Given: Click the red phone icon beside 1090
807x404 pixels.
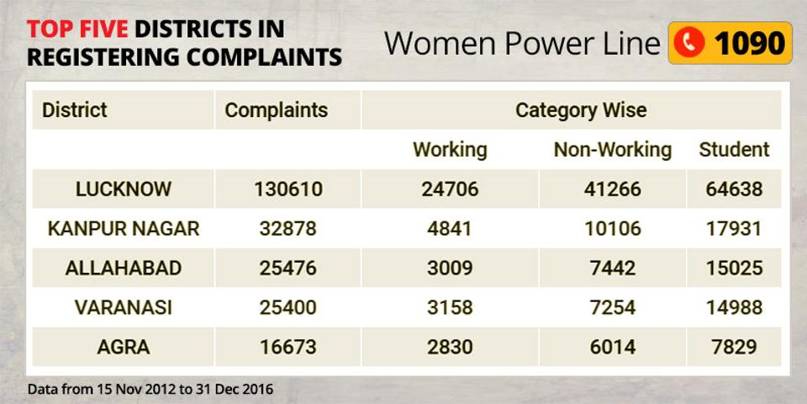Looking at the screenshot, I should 689,43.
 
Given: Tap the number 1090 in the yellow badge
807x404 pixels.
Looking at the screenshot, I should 749,43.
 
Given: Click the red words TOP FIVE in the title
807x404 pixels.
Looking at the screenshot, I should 77,29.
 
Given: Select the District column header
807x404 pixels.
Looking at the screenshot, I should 75,110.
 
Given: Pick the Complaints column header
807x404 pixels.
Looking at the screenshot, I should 276,110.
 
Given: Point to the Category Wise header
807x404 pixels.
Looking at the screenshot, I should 581,110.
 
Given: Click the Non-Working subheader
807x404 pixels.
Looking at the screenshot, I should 612,150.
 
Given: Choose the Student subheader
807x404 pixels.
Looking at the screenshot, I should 734,150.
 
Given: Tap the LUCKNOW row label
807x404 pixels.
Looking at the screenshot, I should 124,189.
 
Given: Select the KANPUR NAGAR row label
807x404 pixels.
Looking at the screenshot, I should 124,229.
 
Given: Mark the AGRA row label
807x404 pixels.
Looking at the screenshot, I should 124,347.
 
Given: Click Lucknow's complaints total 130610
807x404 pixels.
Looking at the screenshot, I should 287,189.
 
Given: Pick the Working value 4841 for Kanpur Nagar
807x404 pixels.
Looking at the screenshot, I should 450,229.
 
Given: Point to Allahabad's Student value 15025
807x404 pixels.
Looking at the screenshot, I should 734,268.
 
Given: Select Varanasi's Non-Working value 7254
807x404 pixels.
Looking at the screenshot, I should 612,307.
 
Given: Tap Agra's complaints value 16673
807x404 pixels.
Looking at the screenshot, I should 287,347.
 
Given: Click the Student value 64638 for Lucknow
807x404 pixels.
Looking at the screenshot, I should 734,189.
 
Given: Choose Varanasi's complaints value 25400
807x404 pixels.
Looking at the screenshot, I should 287,307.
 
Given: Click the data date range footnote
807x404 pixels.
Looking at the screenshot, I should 150,389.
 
